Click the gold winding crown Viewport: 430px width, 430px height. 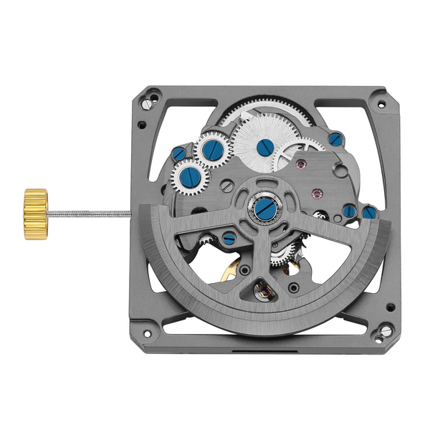tap(35, 204)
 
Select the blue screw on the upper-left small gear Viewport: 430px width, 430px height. tap(211, 150)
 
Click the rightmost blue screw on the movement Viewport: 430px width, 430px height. tap(368, 213)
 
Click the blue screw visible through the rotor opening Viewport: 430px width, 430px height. tap(229, 239)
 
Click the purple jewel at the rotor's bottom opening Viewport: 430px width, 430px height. tap(262, 290)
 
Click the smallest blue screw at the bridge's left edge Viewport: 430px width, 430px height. tap(178, 153)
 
